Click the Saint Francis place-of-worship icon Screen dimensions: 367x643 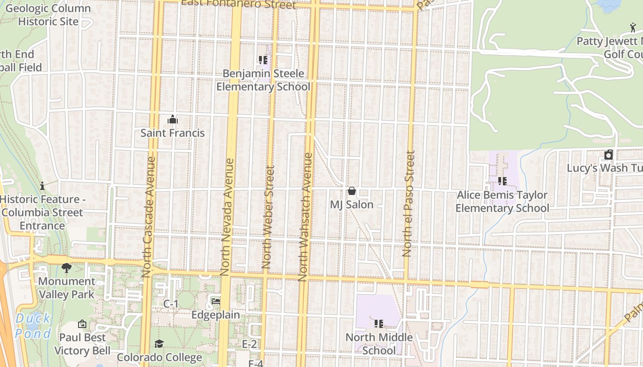[x=173, y=120]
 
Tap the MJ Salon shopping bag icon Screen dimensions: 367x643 [x=352, y=191]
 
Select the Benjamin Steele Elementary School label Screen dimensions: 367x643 [x=263, y=80]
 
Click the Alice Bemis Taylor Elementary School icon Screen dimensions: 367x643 [x=502, y=181]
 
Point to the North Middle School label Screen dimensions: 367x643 [x=379, y=344]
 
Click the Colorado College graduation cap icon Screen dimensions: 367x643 [x=159, y=344]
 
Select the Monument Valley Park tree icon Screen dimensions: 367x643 [x=66, y=267]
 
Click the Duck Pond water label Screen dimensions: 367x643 [x=33, y=326]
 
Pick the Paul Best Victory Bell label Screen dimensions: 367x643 [x=82, y=344]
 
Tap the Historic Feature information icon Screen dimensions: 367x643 [x=42, y=186]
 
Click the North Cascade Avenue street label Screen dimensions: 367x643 [x=147, y=217]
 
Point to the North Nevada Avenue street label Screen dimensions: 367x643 [x=227, y=217]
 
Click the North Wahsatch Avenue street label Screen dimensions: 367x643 [x=305, y=217]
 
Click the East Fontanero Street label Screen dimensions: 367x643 [x=239, y=5]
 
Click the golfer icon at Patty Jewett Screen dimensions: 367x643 [x=633, y=28]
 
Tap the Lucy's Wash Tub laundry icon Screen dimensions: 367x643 [x=609, y=155]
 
